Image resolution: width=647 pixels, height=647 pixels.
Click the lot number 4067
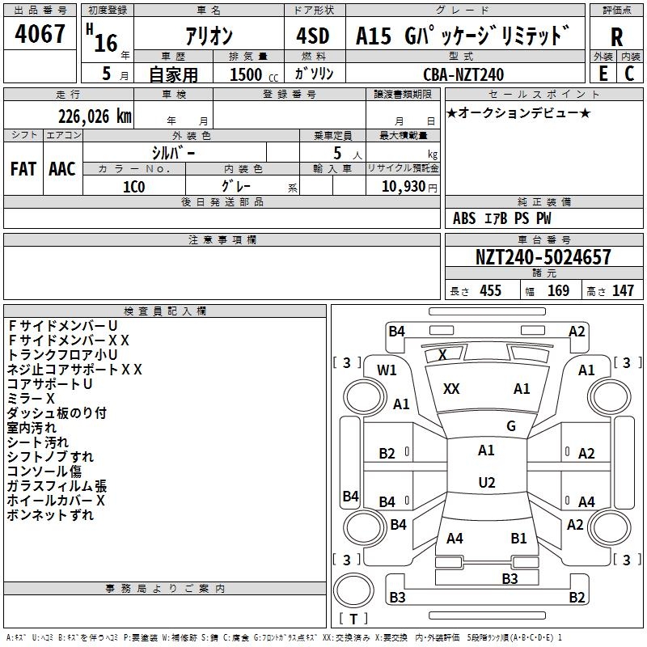(x=41, y=35)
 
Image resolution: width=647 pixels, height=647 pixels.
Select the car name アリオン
(x=209, y=37)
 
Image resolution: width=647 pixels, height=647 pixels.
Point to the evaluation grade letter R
(x=616, y=37)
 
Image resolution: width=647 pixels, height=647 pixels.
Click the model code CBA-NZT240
(x=463, y=74)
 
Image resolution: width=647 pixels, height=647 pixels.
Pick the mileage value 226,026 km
(x=94, y=116)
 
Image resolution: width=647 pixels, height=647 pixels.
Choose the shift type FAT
(x=23, y=168)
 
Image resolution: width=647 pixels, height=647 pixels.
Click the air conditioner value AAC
(x=61, y=168)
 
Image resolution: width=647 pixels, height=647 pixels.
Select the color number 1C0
(x=133, y=186)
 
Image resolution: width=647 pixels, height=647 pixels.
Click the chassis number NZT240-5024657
(x=543, y=258)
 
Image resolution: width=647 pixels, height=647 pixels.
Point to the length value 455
(x=490, y=290)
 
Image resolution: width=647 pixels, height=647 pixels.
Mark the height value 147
(x=623, y=290)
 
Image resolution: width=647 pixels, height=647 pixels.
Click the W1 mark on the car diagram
(x=387, y=370)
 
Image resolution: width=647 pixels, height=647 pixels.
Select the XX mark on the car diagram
(x=451, y=389)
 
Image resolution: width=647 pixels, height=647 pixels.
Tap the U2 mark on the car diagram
(x=486, y=483)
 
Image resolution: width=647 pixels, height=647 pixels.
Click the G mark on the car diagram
(x=510, y=426)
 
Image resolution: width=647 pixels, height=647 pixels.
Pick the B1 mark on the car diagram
(x=518, y=538)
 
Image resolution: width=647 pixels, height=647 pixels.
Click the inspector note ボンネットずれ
(x=50, y=515)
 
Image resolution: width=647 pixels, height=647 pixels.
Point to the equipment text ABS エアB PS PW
(x=501, y=218)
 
